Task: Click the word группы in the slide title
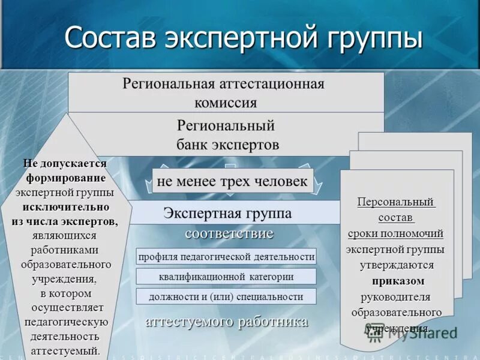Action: pos(375,38)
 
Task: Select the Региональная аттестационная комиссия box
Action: pos(226,92)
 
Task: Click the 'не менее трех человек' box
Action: pos(233,181)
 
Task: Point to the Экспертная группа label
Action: pos(227,213)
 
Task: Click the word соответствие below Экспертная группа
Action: pos(229,233)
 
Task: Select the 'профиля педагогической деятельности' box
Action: pos(226,257)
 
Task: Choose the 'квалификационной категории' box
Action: pos(226,277)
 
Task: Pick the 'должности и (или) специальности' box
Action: pos(226,296)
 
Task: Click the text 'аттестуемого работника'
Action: pos(227,322)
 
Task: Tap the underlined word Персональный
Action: pos(396,201)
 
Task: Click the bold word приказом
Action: pos(398,281)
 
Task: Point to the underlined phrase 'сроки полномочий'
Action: pos(395,233)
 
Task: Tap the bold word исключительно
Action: pos(66,207)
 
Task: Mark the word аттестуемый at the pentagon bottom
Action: pos(65,351)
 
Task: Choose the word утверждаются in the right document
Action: pos(397,265)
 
